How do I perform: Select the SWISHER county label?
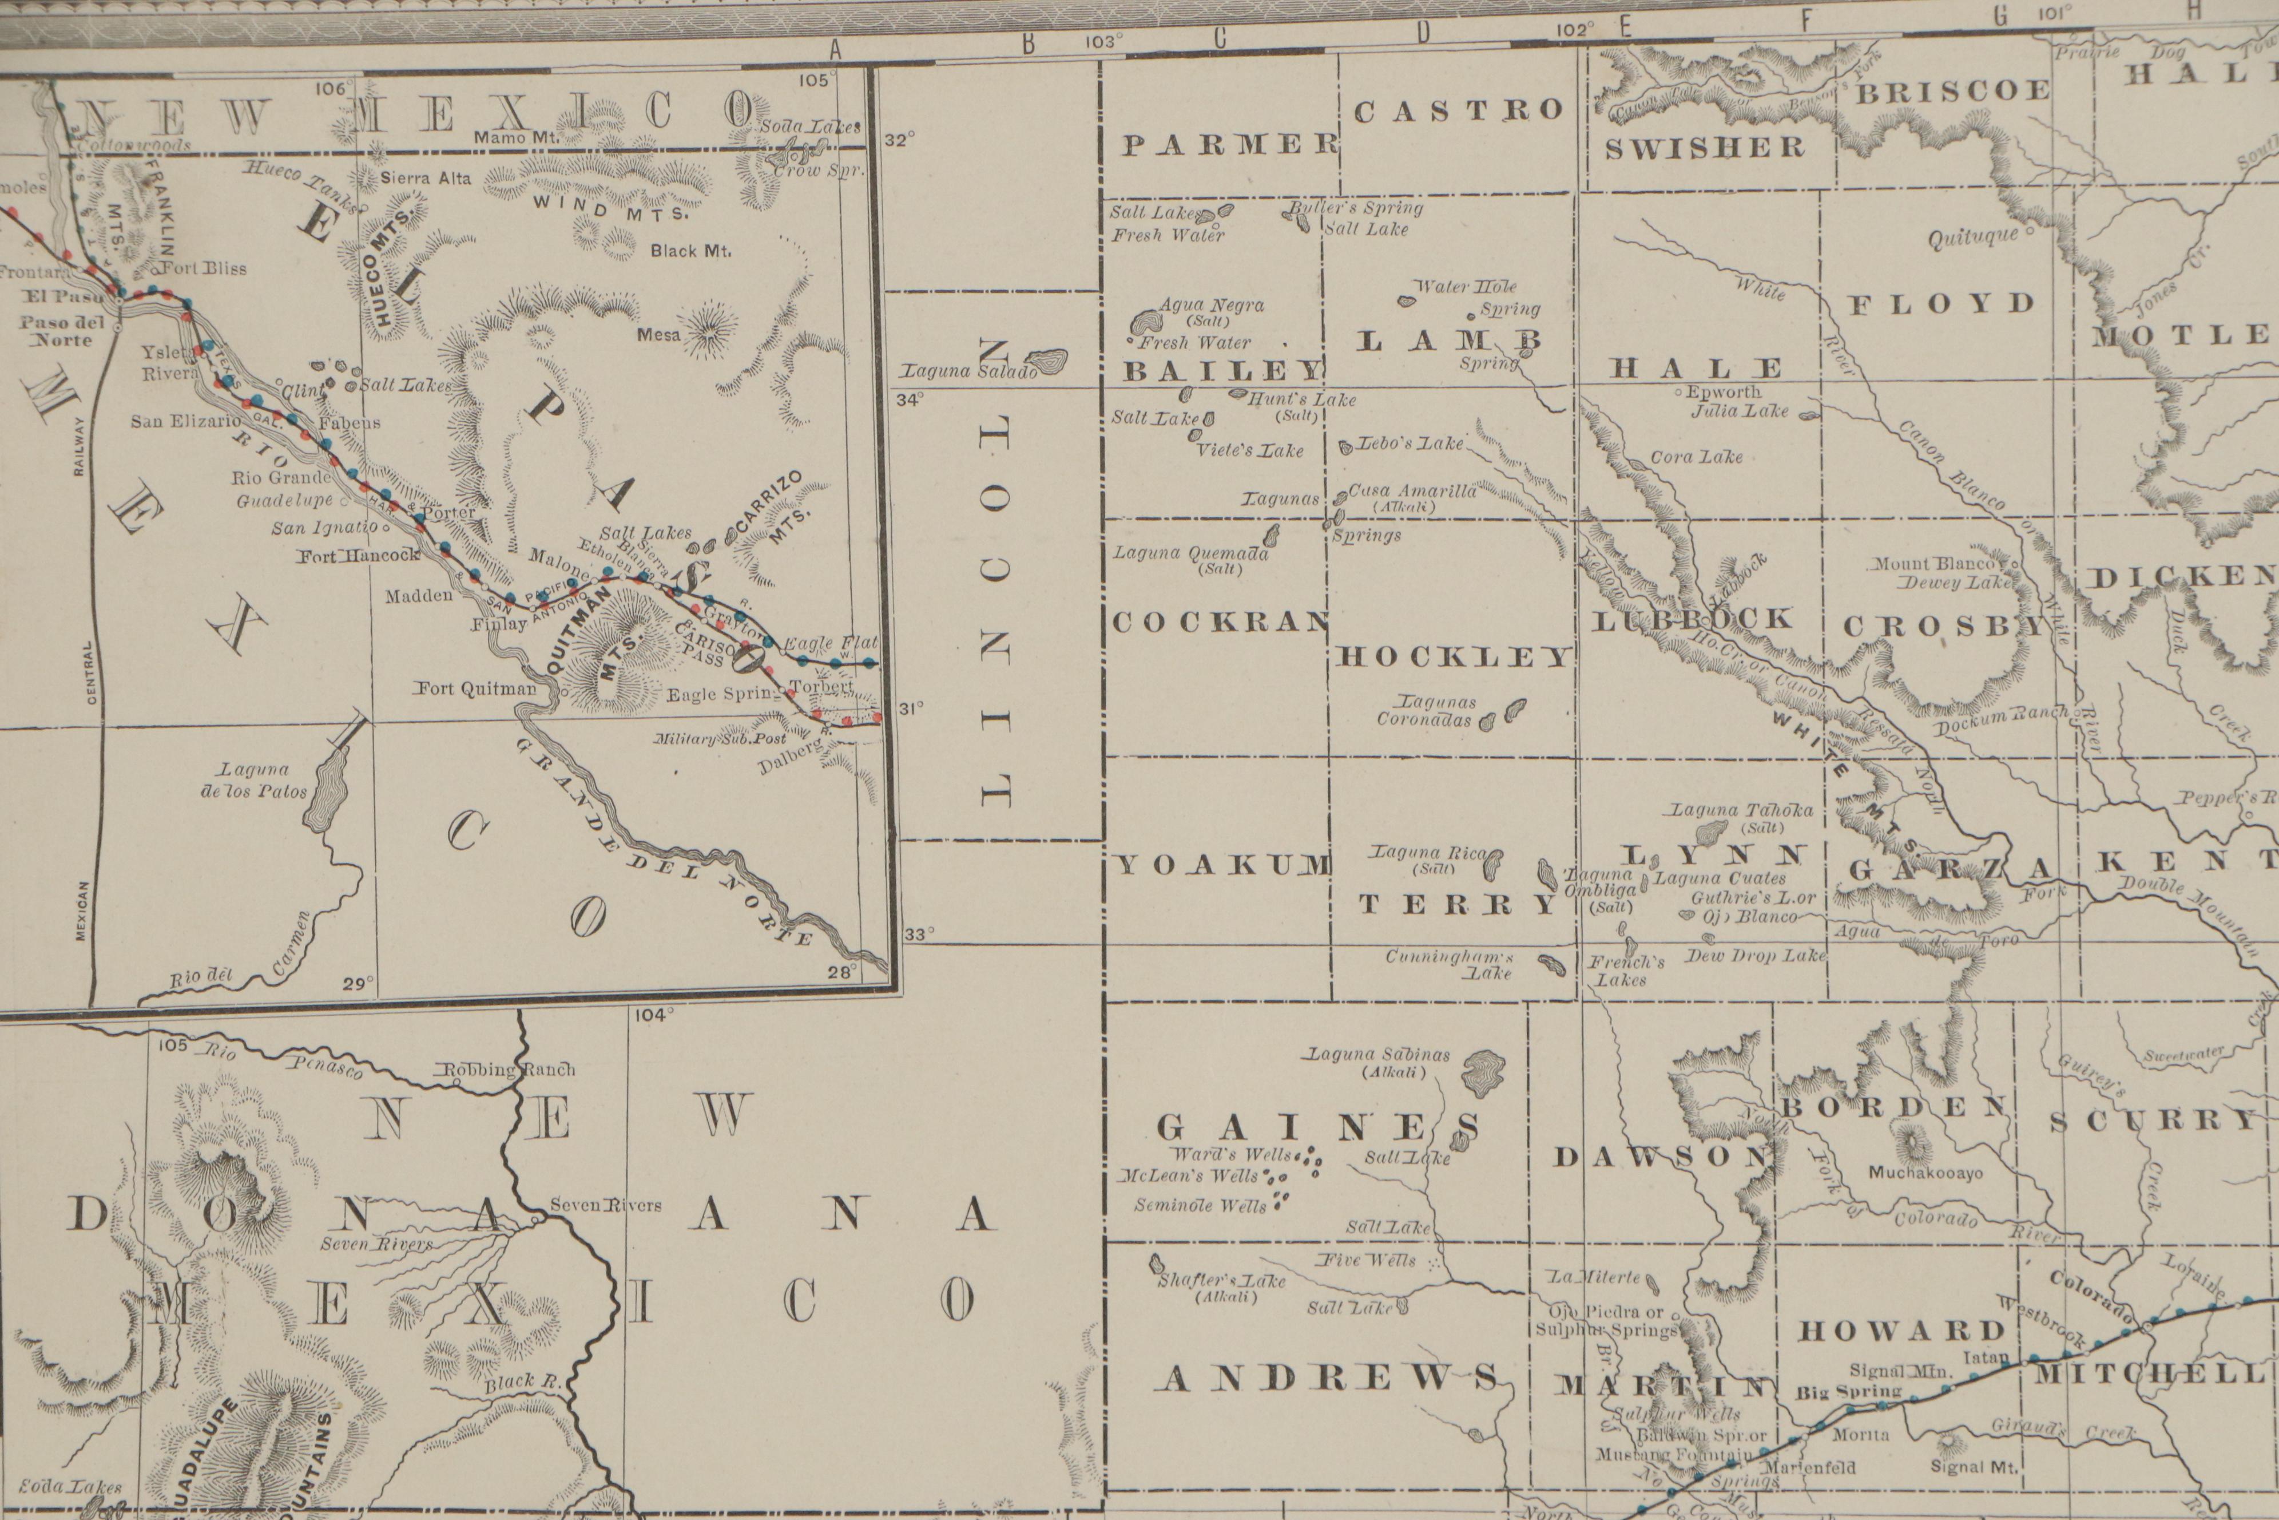(1705, 148)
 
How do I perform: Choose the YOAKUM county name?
(1224, 865)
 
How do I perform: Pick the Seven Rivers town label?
(606, 1206)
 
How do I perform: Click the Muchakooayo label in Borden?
(1925, 1173)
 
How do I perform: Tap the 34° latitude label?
(910, 398)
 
